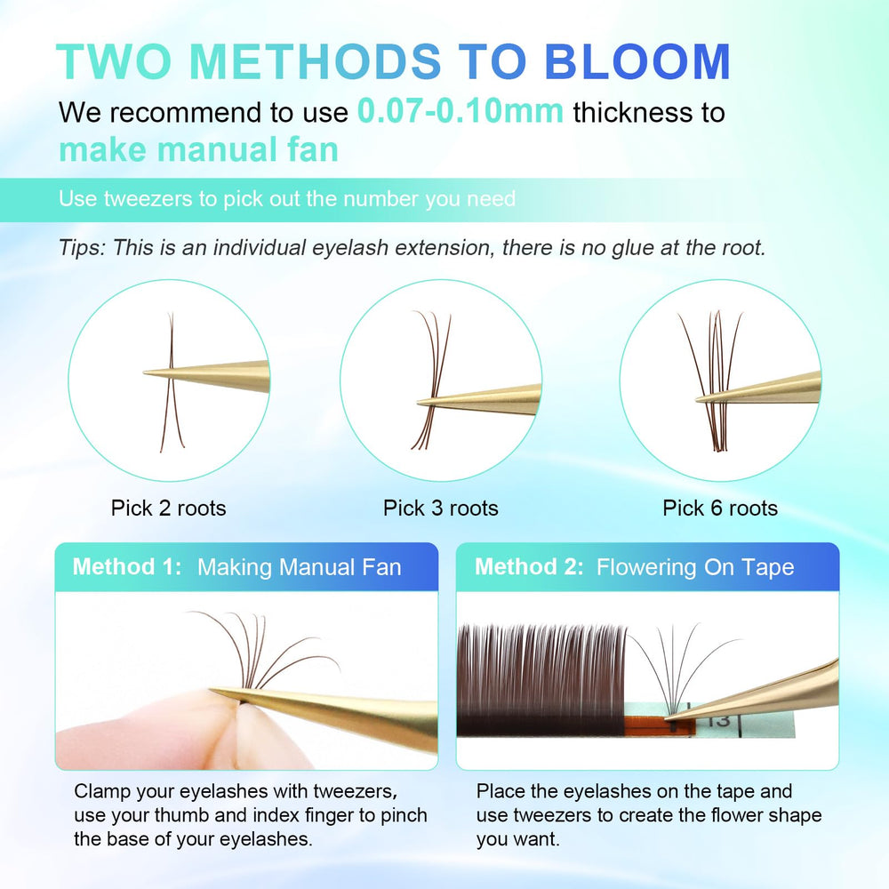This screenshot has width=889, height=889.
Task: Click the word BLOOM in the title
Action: [637, 61]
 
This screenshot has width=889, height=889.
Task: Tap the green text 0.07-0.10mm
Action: [461, 110]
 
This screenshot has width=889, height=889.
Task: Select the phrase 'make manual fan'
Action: [198, 149]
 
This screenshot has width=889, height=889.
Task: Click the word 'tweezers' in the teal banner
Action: [148, 199]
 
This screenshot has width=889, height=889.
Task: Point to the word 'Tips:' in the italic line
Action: [82, 248]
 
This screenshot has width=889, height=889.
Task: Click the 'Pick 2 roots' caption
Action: [168, 508]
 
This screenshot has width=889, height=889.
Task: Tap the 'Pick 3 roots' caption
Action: [441, 508]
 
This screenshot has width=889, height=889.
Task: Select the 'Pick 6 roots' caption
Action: [720, 508]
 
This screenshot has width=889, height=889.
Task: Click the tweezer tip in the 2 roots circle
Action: [145, 372]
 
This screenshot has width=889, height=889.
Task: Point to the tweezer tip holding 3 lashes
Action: [419, 403]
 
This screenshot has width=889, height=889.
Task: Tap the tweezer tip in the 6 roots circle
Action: [698, 401]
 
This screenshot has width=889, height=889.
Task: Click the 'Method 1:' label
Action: [127, 567]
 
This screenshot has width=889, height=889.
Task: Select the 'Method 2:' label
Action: [529, 567]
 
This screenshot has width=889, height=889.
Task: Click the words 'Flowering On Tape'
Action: [695, 567]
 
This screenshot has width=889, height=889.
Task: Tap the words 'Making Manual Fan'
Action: [300, 567]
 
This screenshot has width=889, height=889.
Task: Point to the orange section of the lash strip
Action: [659, 727]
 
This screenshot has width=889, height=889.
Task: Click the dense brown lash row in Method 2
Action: [541, 680]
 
